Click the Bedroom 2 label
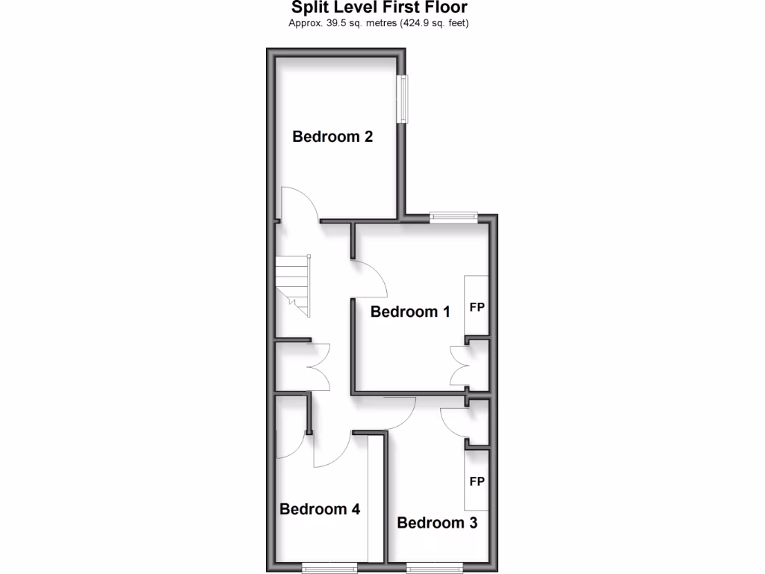[332, 137]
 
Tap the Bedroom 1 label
[410, 312]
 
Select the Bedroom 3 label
[437, 522]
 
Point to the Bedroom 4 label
[320, 509]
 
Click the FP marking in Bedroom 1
[477, 306]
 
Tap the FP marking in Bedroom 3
[477, 481]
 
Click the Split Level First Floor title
[379, 8]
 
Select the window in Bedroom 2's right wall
[404, 98]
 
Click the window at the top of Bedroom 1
[453, 217]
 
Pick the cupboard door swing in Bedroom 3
[454, 423]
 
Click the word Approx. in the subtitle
[305, 23]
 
